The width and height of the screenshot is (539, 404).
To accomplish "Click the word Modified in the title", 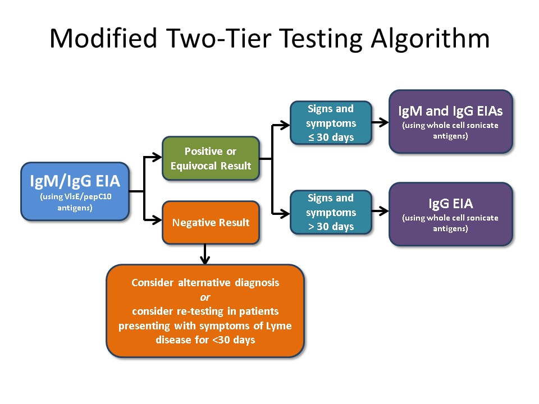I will coord(103,39).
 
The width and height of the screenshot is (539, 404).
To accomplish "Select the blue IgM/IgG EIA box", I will coord(75,191).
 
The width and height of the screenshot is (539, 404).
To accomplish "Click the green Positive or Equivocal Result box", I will coord(211,158).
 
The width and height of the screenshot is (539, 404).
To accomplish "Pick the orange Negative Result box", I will coord(211,222).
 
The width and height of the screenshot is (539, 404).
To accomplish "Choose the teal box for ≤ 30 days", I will coord(331,123).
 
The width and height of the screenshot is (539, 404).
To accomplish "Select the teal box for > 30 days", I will coord(331,212).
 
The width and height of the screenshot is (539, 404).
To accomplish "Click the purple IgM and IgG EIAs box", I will coord(450,121).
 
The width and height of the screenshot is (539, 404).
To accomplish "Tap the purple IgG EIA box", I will coord(450,214).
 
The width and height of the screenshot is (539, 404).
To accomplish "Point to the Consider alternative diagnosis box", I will coord(205,311).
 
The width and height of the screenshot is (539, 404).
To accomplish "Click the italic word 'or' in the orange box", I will coord(205,297).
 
